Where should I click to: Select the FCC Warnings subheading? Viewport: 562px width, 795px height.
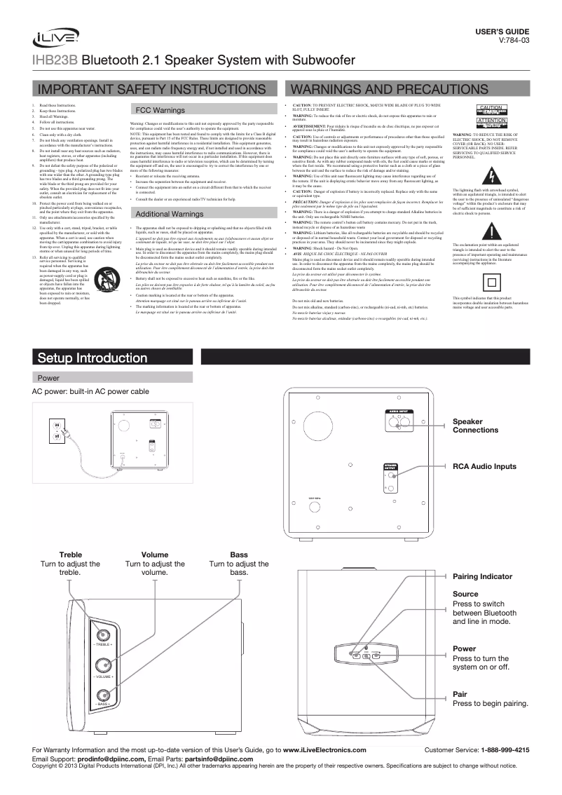click(159, 111)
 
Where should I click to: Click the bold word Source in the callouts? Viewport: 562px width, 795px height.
click(465, 594)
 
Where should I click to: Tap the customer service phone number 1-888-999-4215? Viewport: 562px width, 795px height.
click(505, 750)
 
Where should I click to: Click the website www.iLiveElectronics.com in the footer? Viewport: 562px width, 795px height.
click(324, 750)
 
